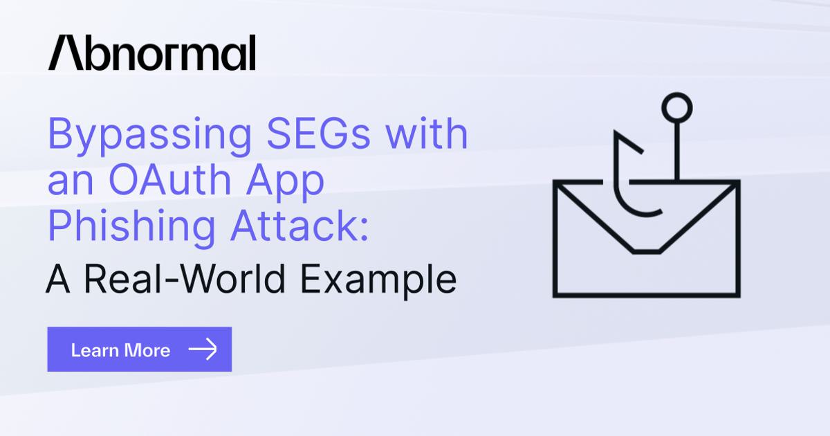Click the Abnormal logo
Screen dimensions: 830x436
pyautogui.click(x=152, y=53)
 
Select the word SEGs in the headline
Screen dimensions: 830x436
pyautogui.click(x=318, y=133)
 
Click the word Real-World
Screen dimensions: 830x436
pyautogui.click(x=185, y=278)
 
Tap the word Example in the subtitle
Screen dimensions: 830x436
pyautogui.click(x=378, y=282)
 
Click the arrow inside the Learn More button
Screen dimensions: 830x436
pyautogui.click(x=203, y=349)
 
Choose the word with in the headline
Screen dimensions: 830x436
pyautogui.click(x=427, y=133)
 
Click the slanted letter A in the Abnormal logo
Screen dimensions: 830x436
pyautogui.click(x=66, y=53)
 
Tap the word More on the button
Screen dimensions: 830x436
pyautogui.click(x=147, y=350)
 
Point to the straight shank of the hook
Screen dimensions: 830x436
pyautogui.click(x=676, y=152)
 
